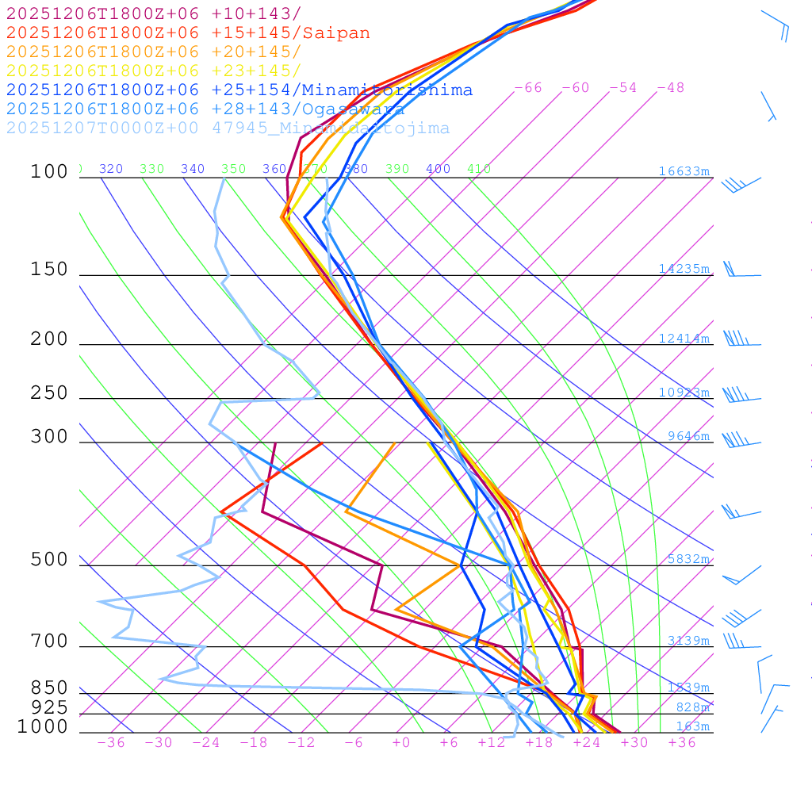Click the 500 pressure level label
[x=49, y=560]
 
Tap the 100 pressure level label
[x=49, y=171]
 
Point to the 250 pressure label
[x=49, y=393]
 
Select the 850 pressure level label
[x=49, y=688]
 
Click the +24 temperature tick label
[x=586, y=743]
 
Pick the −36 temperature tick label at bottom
[x=110, y=743]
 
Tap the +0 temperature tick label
[x=400, y=743]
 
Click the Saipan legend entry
[x=188, y=33]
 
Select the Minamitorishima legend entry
[x=239, y=90]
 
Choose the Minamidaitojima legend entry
[x=228, y=128]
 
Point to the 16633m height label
[x=684, y=171]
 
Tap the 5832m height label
[x=688, y=559]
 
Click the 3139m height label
[x=688, y=641]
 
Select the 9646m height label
[x=688, y=436]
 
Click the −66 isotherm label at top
[x=527, y=88]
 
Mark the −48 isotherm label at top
[x=670, y=88]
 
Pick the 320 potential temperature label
[x=111, y=169]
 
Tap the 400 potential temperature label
[x=438, y=169]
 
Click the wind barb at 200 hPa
[x=737, y=339]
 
